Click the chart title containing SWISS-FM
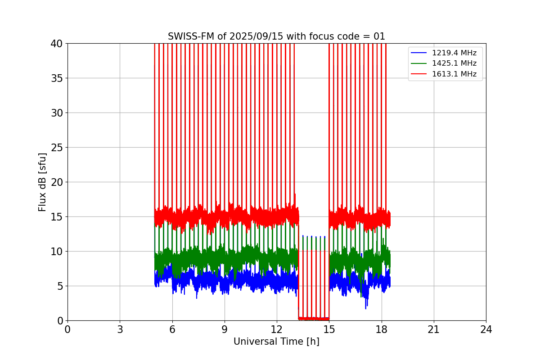point(276,36)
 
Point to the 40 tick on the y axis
point(57,44)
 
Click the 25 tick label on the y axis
point(57,148)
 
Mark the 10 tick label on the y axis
point(57,252)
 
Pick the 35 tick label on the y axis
point(57,78)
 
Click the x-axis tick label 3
point(120,330)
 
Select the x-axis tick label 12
point(277,330)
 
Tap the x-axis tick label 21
point(434,330)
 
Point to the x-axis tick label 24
point(486,330)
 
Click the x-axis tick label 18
point(382,330)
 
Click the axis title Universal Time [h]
point(276,342)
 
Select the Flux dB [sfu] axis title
point(42,182)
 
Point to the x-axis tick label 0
point(67,330)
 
